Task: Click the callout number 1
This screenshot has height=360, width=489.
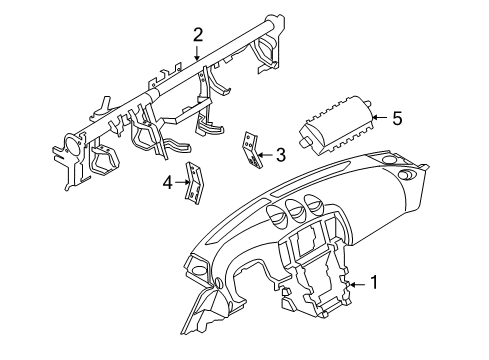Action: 374,283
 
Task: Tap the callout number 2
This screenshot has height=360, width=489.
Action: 198,34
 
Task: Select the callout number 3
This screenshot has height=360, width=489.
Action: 281,154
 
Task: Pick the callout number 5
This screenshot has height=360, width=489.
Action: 397,119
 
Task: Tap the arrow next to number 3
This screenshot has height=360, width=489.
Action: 263,154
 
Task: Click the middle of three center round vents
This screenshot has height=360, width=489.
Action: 296,209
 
